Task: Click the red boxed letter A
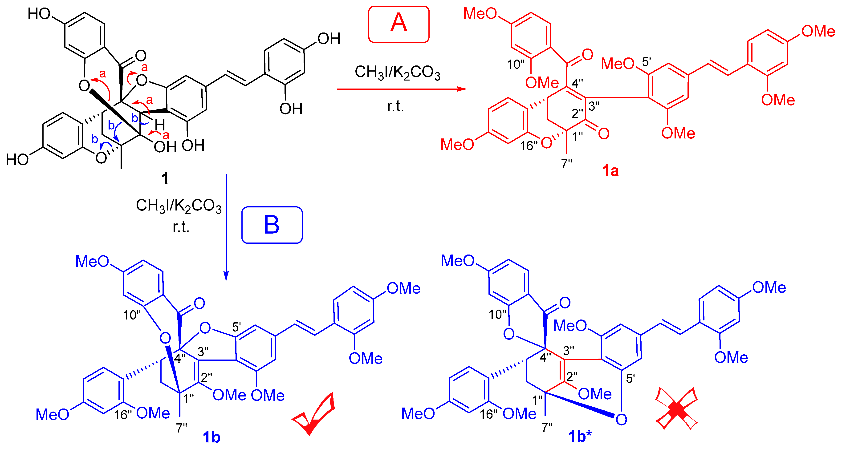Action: click(399, 24)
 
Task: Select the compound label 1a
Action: click(610, 171)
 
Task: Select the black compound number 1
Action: click(165, 178)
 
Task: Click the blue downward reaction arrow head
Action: click(226, 276)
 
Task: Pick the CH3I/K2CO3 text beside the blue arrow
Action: click(179, 206)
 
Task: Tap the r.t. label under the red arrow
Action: click(395, 106)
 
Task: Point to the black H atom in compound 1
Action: click(160, 125)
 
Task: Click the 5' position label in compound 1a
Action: click(646, 61)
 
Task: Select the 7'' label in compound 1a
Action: click(566, 163)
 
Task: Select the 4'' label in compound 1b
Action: click(180, 359)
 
